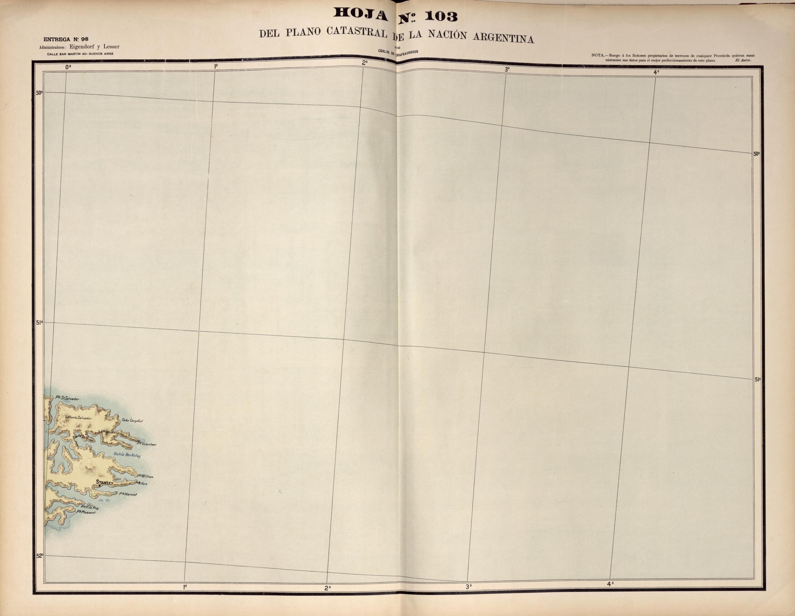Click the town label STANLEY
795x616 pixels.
pyautogui.click(x=104, y=483)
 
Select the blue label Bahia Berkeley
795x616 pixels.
pyautogui.click(x=127, y=455)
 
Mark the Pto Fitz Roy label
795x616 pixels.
pyautogui.click(x=89, y=507)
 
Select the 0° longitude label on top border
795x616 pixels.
pyautogui.click(x=68, y=67)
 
